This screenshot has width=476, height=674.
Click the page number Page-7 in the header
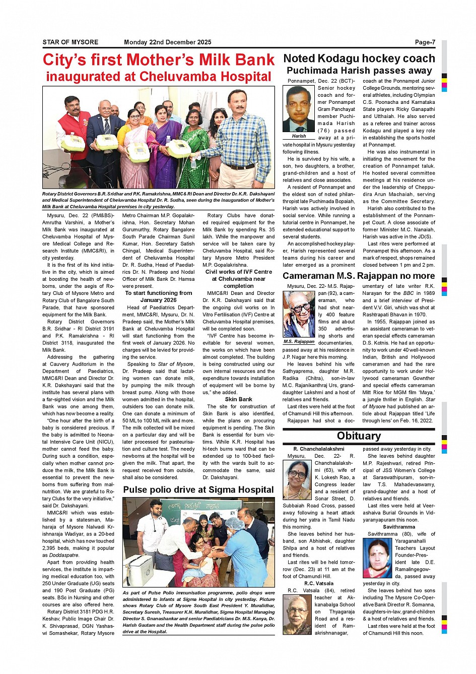tap(425, 42)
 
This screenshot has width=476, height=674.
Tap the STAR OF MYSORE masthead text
tap(71, 42)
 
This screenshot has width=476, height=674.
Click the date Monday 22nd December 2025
tap(167, 42)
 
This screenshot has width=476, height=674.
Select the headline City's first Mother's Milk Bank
tap(159, 60)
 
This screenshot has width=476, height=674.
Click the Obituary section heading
tap(359, 436)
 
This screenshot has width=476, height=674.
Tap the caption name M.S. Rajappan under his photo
tap(299, 341)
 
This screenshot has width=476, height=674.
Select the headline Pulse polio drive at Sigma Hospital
tap(198, 489)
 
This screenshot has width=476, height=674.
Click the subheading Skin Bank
tap(239, 399)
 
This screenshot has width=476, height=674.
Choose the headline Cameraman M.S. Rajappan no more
tap(358, 276)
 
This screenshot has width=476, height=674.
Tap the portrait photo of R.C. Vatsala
tap(297, 615)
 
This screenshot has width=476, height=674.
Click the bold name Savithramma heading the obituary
tap(398, 527)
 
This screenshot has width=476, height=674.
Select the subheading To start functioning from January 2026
tap(159, 296)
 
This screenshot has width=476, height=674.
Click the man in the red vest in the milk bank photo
tap(74, 136)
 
